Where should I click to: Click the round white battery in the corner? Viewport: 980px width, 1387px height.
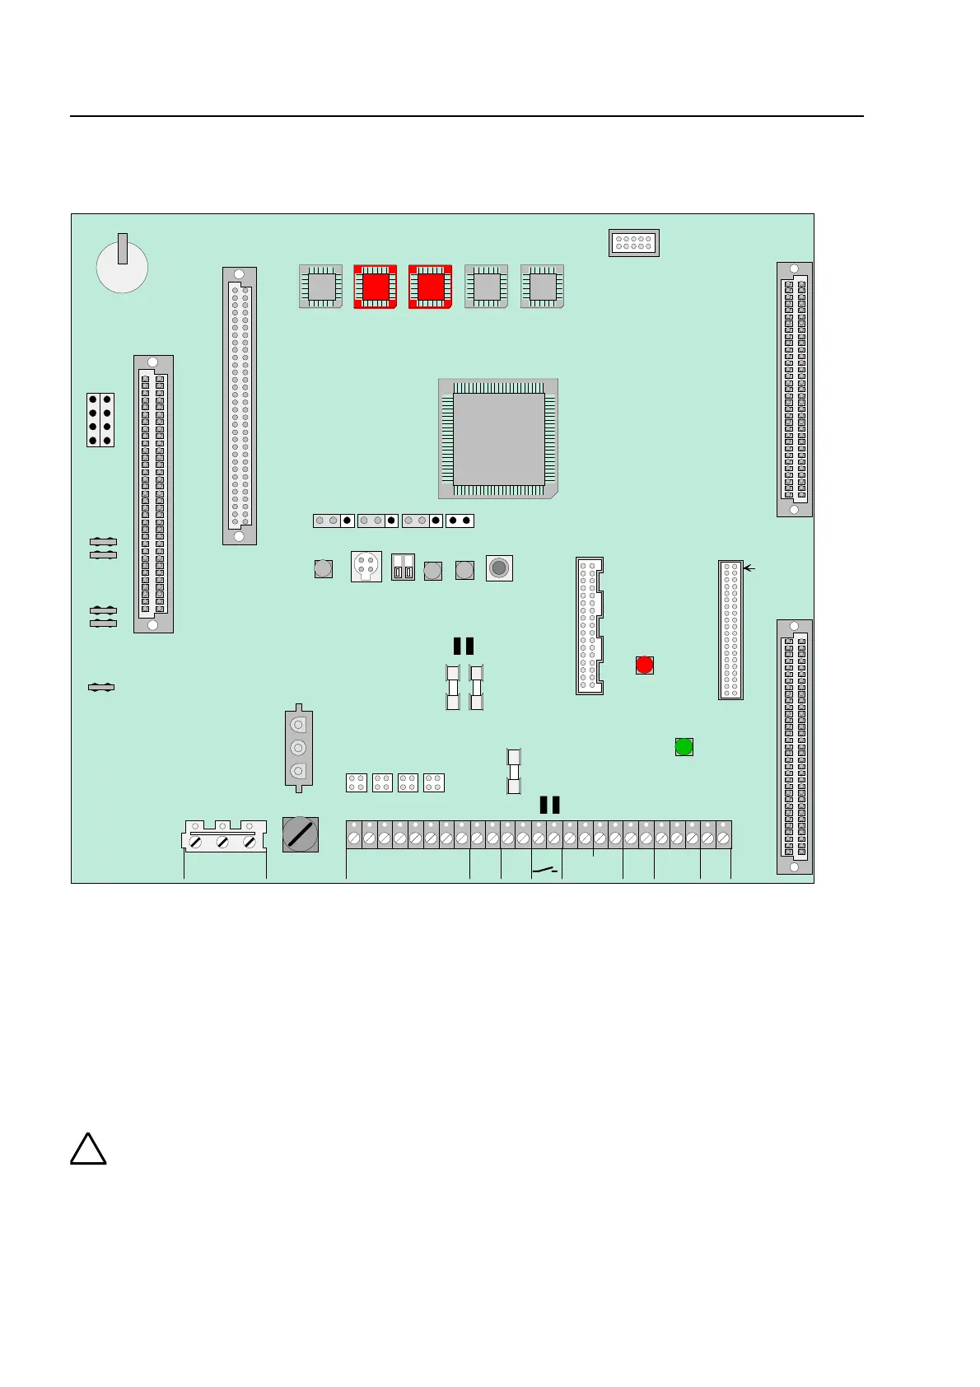pyautogui.click(x=122, y=266)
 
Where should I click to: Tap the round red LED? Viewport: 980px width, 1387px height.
pyautogui.click(x=645, y=665)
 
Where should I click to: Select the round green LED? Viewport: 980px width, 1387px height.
pyautogui.click(x=684, y=747)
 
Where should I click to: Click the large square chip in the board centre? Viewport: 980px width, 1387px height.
pyautogui.click(x=498, y=439)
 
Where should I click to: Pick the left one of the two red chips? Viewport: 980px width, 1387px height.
pyautogui.click(x=376, y=287)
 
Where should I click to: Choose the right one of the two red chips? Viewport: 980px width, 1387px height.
pyautogui.click(x=430, y=287)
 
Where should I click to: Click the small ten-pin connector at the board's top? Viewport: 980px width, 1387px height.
pyautogui.click(x=634, y=243)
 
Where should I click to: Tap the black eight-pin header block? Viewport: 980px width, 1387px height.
pyautogui.click(x=100, y=420)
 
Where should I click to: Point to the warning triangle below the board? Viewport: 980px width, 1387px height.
pyautogui.click(x=88, y=1150)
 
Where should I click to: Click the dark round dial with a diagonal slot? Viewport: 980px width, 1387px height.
pyautogui.click(x=300, y=834)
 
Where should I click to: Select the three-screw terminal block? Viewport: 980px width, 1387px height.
pyautogui.click(x=223, y=837)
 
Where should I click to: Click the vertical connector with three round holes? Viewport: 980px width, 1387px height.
pyautogui.click(x=299, y=748)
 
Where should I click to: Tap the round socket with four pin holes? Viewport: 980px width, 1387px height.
pyautogui.click(x=366, y=567)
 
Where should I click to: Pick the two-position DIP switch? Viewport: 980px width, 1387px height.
pyautogui.click(x=403, y=567)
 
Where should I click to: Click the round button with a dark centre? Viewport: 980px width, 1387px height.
pyautogui.click(x=499, y=568)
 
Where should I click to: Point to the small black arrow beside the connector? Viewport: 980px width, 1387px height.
pyautogui.click(x=749, y=567)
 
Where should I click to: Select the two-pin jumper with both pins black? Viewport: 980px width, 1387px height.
pyautogui.click(x=460, y=521)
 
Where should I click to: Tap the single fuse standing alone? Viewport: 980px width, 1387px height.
pyautogui.click(x=514, y=771)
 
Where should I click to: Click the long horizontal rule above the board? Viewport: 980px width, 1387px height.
pyautogui.click(x=466, y=116)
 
